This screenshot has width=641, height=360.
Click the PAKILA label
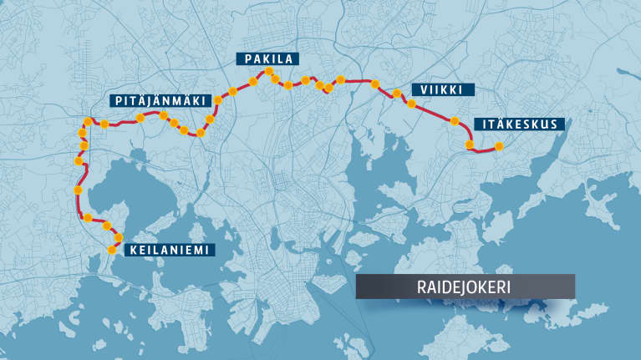click(268, 58)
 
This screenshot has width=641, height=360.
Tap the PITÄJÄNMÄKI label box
click(159, 101)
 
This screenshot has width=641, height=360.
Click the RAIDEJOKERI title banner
click(465, 286)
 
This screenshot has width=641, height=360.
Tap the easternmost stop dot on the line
click(499, 147)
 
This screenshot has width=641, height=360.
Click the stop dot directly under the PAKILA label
click(269, 73)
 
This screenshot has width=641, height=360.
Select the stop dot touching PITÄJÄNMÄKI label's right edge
click(217, 100)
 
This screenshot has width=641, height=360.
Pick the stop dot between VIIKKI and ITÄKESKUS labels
click(455, 121)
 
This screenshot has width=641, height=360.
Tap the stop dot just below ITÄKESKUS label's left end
click(471, 145)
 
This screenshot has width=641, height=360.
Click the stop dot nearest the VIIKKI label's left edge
click(410, 104)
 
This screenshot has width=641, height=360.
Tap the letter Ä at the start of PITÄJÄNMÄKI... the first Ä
click(138, 101)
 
